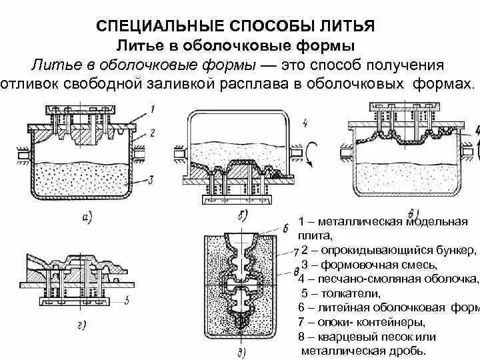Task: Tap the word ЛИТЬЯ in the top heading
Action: coord(351,26)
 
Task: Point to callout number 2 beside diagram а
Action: coord(153,133)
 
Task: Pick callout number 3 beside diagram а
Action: coord(153,178)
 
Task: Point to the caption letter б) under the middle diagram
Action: coord(242,214)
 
